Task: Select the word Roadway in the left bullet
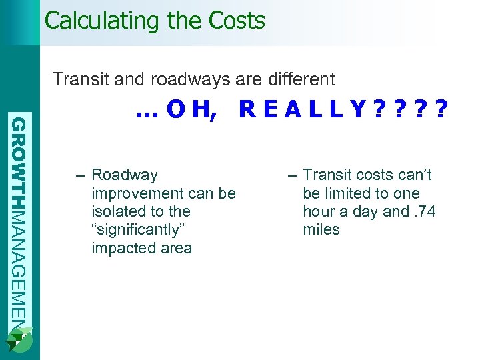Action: [x=125, y=175]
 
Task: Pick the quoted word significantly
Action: [x=140, y=230]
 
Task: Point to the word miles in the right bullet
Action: [x=321, y=230]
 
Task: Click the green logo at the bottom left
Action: [x=19, y=341]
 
